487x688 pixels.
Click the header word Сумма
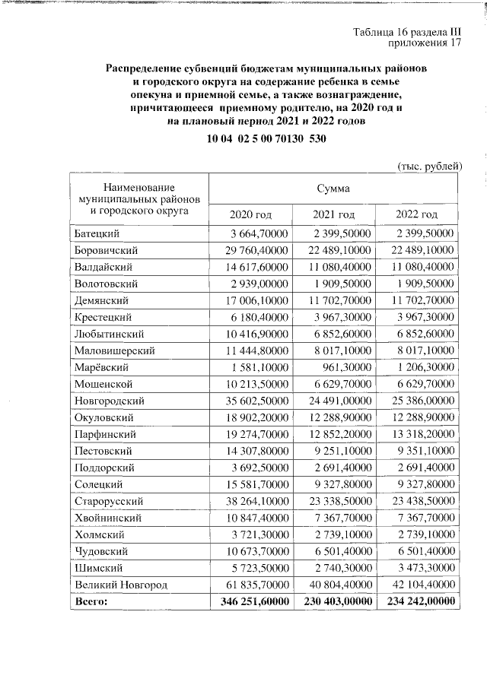point(333,188)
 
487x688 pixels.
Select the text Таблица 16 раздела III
point(408,31)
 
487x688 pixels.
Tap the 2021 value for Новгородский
point(334,400)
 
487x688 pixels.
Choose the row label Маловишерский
point(115,350)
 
